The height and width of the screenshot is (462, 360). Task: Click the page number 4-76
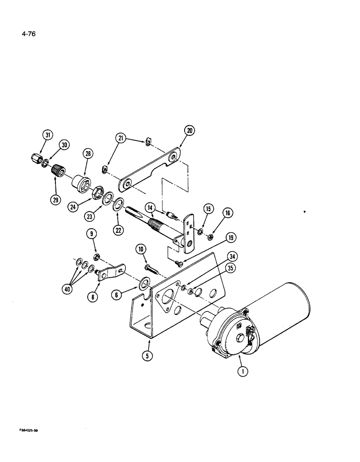28,34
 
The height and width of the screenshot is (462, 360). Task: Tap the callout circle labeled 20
189,131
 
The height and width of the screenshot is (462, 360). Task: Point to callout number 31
47,135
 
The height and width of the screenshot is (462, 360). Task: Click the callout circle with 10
141,250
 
